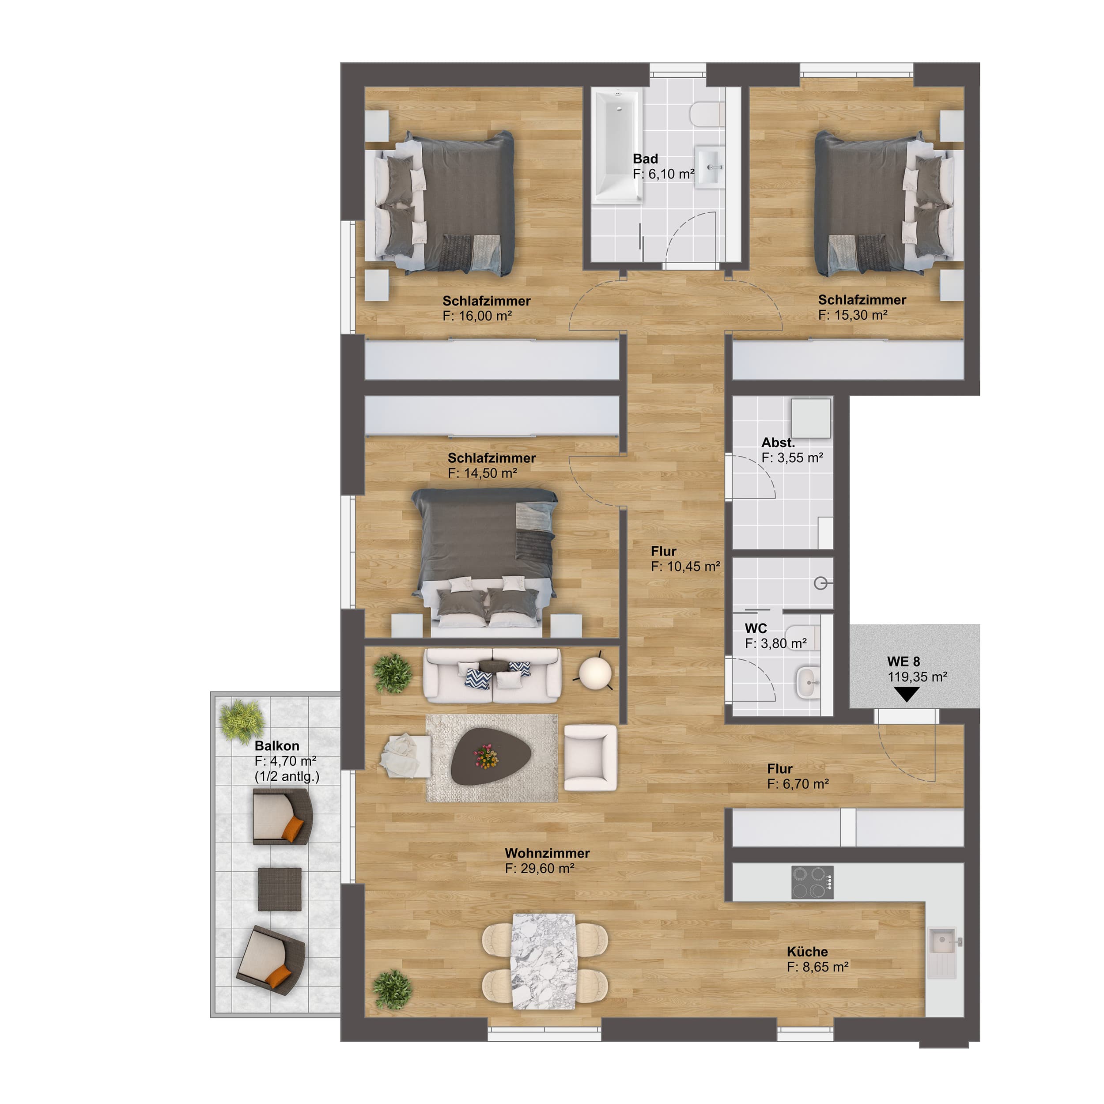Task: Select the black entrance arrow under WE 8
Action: pos(906,694)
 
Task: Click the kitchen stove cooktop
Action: pos(812,882)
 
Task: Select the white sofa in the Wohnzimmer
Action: pos(492,675)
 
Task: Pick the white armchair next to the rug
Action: pos(590,758)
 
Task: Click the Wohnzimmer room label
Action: pos(547,853)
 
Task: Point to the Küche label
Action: pos(807,952)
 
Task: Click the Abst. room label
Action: pos(778,442)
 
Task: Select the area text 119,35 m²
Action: pos(918,677)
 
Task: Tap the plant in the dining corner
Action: pos(392,989)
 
